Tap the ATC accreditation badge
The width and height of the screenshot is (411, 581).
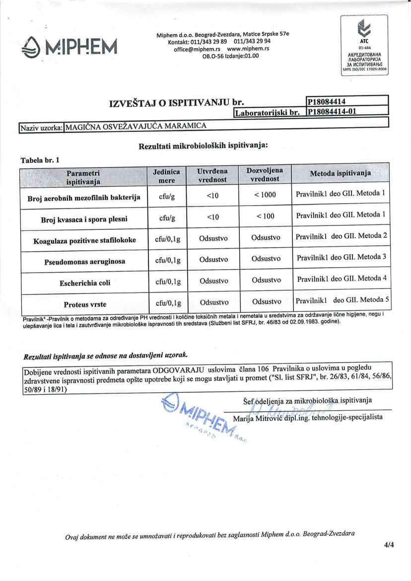365,45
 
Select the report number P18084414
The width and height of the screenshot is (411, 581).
326,102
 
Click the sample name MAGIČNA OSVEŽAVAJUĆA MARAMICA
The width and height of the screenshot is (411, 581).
136,126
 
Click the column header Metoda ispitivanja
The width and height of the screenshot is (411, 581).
341,174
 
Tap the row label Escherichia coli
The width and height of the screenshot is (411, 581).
85,282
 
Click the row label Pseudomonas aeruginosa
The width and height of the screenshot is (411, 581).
84,261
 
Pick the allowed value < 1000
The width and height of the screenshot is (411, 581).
265,195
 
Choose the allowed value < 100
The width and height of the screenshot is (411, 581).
265,217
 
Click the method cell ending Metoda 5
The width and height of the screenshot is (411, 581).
342,300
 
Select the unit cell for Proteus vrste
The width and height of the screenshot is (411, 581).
168,303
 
